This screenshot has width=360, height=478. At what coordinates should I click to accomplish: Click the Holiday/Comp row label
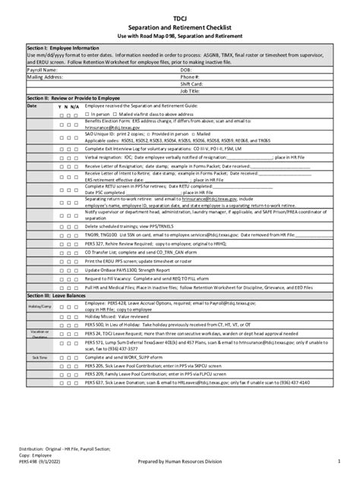tap(40, 305)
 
